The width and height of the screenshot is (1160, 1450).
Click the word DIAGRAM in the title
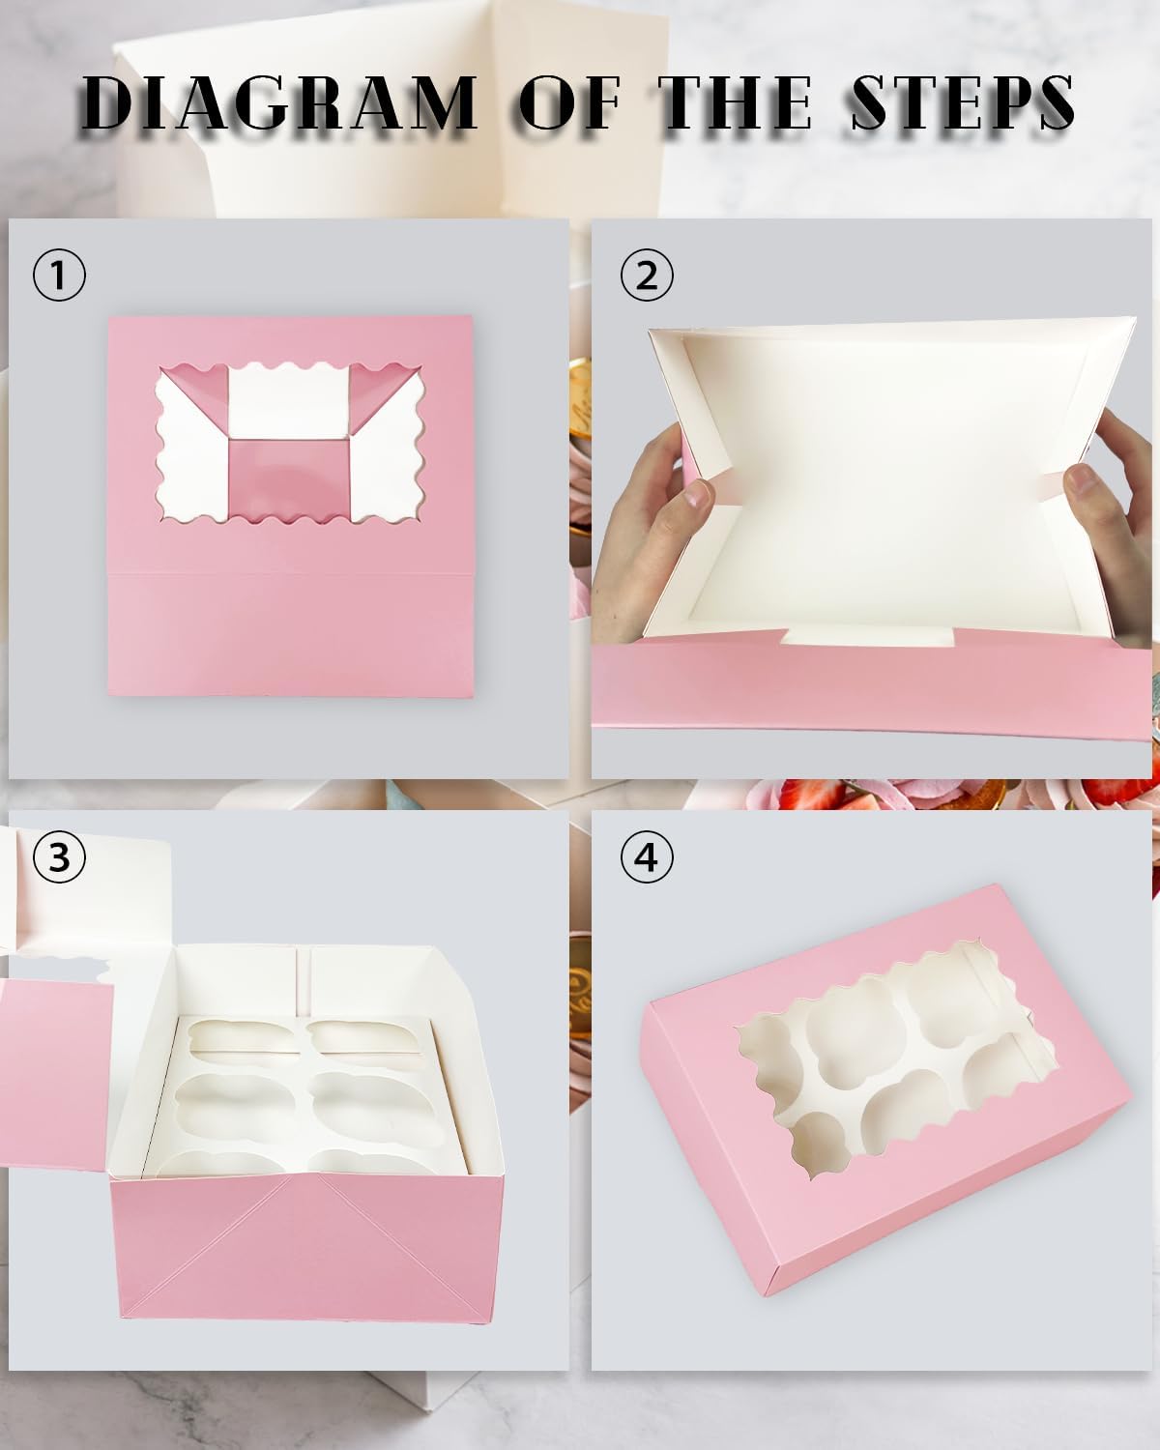(x=280, y=102)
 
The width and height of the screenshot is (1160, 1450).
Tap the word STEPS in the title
(x=962, y=102)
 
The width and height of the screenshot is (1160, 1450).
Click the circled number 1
(x=59, y=275)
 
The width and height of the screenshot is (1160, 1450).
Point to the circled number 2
(x=647, y=275)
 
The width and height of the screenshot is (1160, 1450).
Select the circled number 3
(x=59, y=856)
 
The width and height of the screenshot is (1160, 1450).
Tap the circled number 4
(x=647, y=856)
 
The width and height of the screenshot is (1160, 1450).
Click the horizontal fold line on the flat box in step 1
(x=290, y=573)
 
